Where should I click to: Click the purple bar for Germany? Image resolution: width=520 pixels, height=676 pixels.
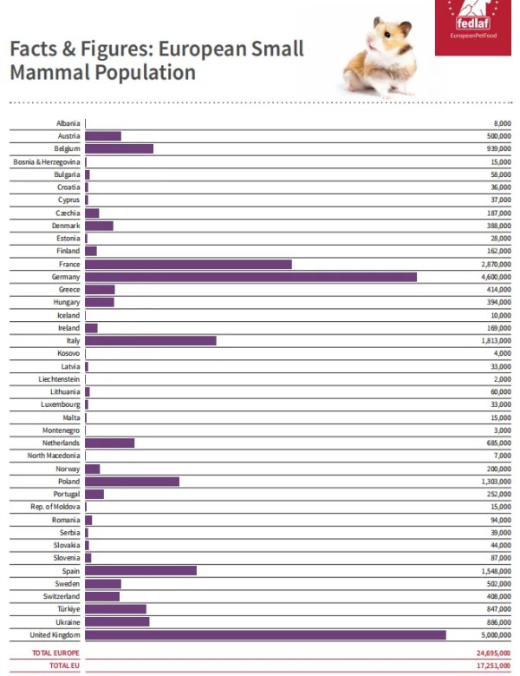pos(250,277)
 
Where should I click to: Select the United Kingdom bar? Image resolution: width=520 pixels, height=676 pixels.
pos(265,634)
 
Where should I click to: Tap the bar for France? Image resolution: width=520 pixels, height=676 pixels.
pos(188,265)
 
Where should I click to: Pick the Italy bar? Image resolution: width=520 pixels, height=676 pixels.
pos(151,340)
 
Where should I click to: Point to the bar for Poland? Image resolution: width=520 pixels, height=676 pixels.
pos(132,482)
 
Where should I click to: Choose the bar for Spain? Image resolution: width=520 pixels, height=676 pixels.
pos(140,571)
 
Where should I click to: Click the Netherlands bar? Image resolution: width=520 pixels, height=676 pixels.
pos(110,443)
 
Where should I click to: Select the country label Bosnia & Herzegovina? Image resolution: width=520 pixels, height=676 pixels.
pos(47,162)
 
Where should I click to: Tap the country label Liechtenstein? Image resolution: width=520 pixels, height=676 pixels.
pos(59,379)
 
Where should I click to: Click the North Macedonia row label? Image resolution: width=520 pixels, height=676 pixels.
pos(54,456)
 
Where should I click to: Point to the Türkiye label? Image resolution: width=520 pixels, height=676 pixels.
pos(68,609)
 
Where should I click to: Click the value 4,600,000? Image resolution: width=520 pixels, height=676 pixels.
pos(496,277)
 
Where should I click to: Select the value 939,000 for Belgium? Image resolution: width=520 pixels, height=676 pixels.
pos(499,148)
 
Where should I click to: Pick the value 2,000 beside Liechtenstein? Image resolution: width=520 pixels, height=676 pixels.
pos(503,379)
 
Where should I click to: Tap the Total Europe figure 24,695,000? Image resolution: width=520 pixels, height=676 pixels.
pos(493,653)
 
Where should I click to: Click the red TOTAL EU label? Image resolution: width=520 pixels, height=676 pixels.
pos(65,666)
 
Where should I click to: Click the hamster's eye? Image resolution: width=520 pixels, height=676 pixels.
pos(387,34)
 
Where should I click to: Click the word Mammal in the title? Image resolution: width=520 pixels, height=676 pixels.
pos(50,72)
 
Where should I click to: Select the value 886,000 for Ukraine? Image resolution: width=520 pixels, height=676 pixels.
pos(499,622)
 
